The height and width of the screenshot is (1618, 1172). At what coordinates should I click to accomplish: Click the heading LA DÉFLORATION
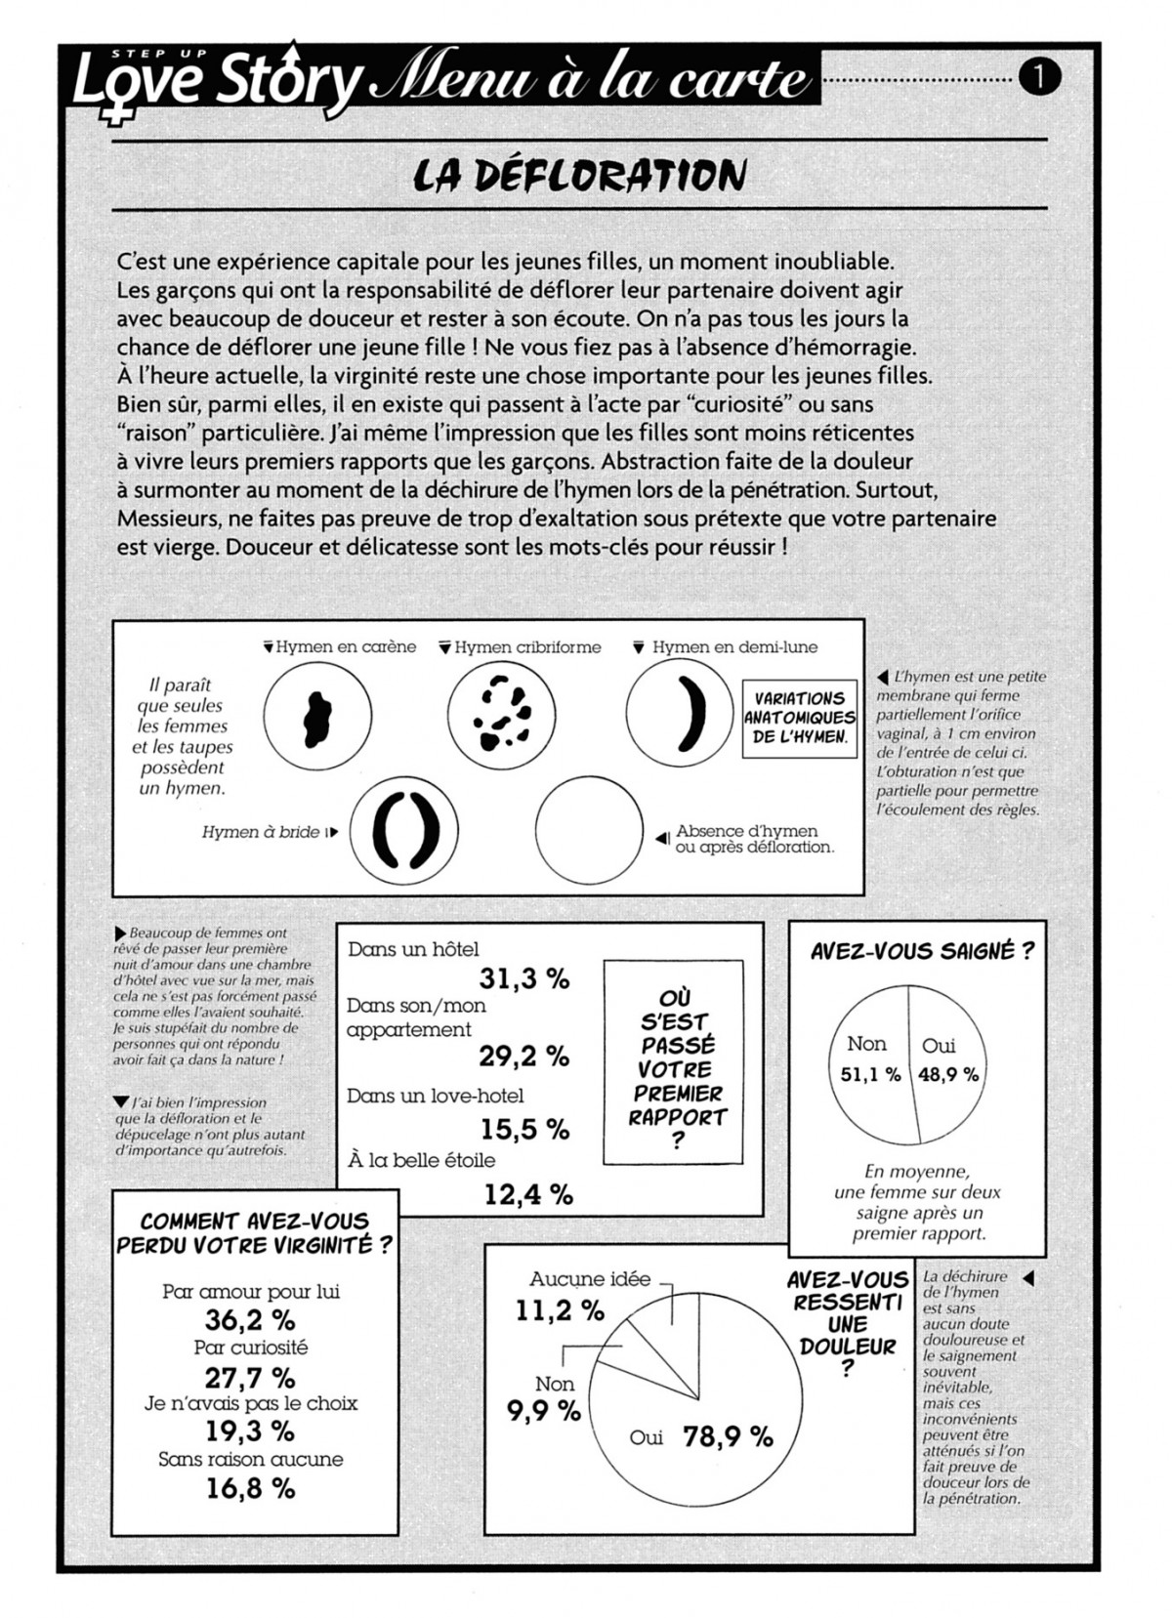(x=580, y=176)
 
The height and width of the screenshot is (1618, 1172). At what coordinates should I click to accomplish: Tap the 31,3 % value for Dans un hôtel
(x=524, y=978)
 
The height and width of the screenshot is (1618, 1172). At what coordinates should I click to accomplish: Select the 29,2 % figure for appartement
(x=524, y=1056)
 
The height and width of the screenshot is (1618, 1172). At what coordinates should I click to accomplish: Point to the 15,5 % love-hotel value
(x=524, y=1129)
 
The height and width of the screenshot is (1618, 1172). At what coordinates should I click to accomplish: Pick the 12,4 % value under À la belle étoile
(x=528, y=1194)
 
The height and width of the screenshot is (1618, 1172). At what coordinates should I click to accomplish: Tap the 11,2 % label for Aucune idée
(x=560, y=1311)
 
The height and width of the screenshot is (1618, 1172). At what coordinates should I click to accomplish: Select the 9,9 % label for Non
(x=544, y=1411)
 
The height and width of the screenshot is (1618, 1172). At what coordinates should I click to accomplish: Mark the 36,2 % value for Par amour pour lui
(x=250, y=1320)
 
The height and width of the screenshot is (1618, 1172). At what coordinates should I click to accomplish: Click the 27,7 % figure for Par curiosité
(x=250, y=1378)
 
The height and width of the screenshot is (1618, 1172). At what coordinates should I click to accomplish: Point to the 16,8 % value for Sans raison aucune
(x=250, y=1488)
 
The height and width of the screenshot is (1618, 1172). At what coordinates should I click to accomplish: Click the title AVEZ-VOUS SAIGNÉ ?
(x=922, y=951)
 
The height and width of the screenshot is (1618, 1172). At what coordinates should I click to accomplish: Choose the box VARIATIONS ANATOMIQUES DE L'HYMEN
(x=799, y=718)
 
